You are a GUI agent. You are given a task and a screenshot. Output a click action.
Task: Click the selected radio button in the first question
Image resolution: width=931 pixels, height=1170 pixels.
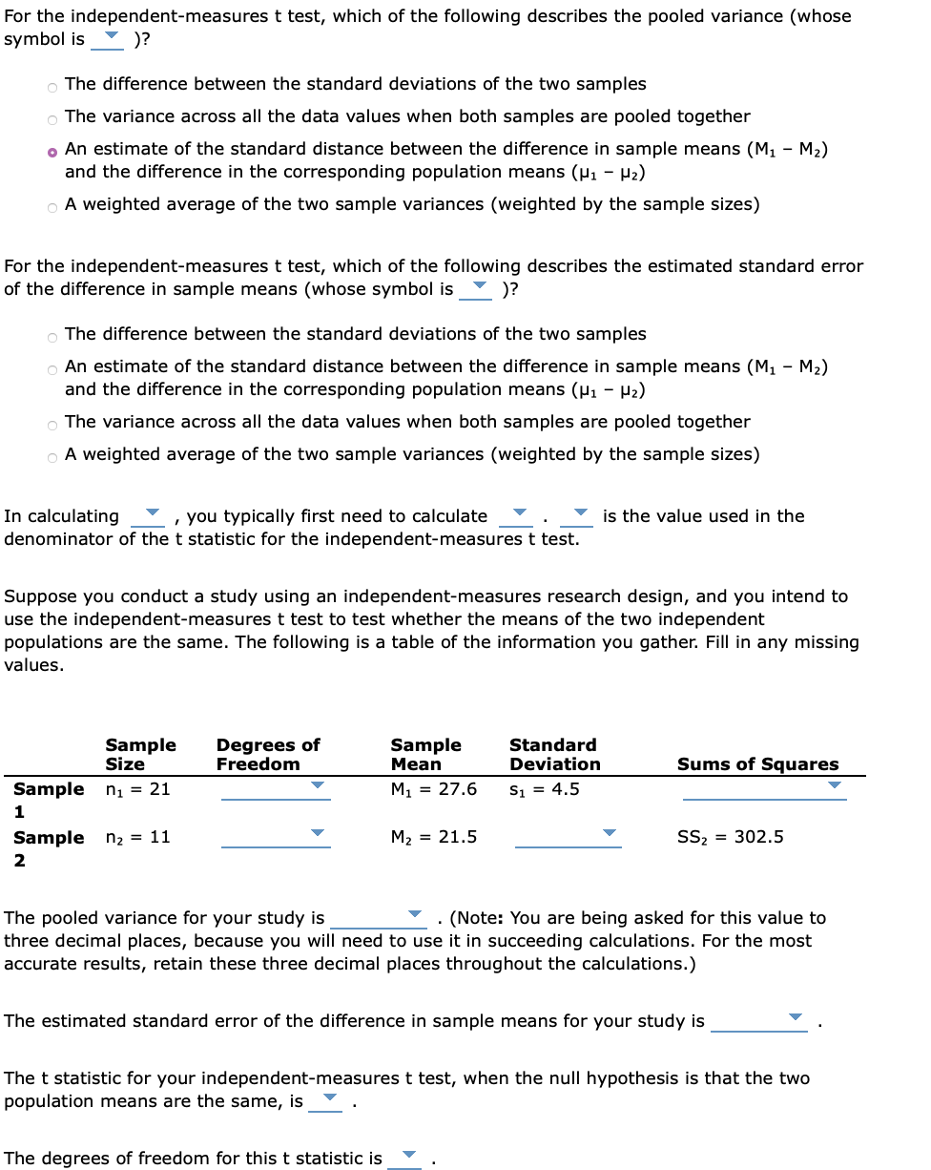(x=52, y=151)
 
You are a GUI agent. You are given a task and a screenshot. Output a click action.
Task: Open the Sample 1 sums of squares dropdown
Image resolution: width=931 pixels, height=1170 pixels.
(x=764, y=787)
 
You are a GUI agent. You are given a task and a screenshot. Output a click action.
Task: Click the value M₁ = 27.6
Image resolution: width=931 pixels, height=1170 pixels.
(x=433, y=789)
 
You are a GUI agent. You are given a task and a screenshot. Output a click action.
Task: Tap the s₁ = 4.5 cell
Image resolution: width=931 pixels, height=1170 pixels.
(x=544, y=789)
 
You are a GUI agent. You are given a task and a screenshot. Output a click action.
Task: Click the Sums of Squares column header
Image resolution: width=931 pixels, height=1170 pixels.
(x=757, y=763)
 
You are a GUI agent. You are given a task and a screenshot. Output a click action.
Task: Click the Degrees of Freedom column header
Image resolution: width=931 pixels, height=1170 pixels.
(x=268, y=754)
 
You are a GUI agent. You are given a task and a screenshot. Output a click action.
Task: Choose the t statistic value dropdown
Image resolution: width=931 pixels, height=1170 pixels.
(x=327, y=1099)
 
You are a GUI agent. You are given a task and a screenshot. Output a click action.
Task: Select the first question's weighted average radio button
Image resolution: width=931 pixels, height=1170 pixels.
(x=52, y=206)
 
